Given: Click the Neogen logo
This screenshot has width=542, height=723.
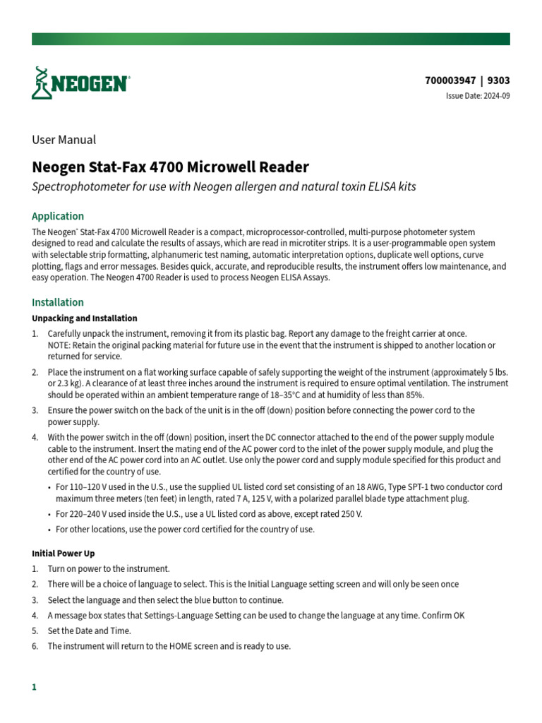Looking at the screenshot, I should click(80, 83).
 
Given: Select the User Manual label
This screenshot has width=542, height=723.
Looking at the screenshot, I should click(64, 140).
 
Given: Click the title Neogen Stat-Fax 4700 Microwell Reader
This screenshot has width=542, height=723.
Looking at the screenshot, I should click(171, 167).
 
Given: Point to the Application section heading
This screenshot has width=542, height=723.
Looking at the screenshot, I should click(58, 216).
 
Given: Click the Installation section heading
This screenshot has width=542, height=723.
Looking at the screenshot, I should click(58, 302).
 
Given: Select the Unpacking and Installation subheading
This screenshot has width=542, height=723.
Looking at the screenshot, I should click(85, 318).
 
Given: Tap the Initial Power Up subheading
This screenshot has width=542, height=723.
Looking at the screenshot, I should click(64, 554).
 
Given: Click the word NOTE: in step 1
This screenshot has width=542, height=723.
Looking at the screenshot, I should click(60, 345).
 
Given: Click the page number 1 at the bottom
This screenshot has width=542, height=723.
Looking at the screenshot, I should click(34, 687).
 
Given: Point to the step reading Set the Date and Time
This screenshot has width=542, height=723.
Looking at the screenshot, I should click(90, 631).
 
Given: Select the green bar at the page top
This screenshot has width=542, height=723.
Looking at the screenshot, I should click(271, 39).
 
